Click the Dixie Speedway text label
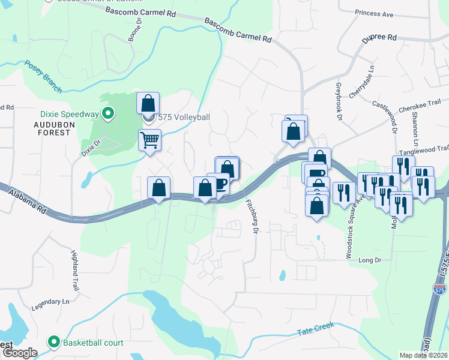pos(61,114)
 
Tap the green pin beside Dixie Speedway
pos(108,113)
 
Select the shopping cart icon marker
pos(149,140)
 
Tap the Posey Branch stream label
pos(43,77)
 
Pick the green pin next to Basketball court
pos(54,342)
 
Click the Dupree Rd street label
pos(379,38)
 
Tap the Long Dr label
pos(370,260)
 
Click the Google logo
pos(20,353)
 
